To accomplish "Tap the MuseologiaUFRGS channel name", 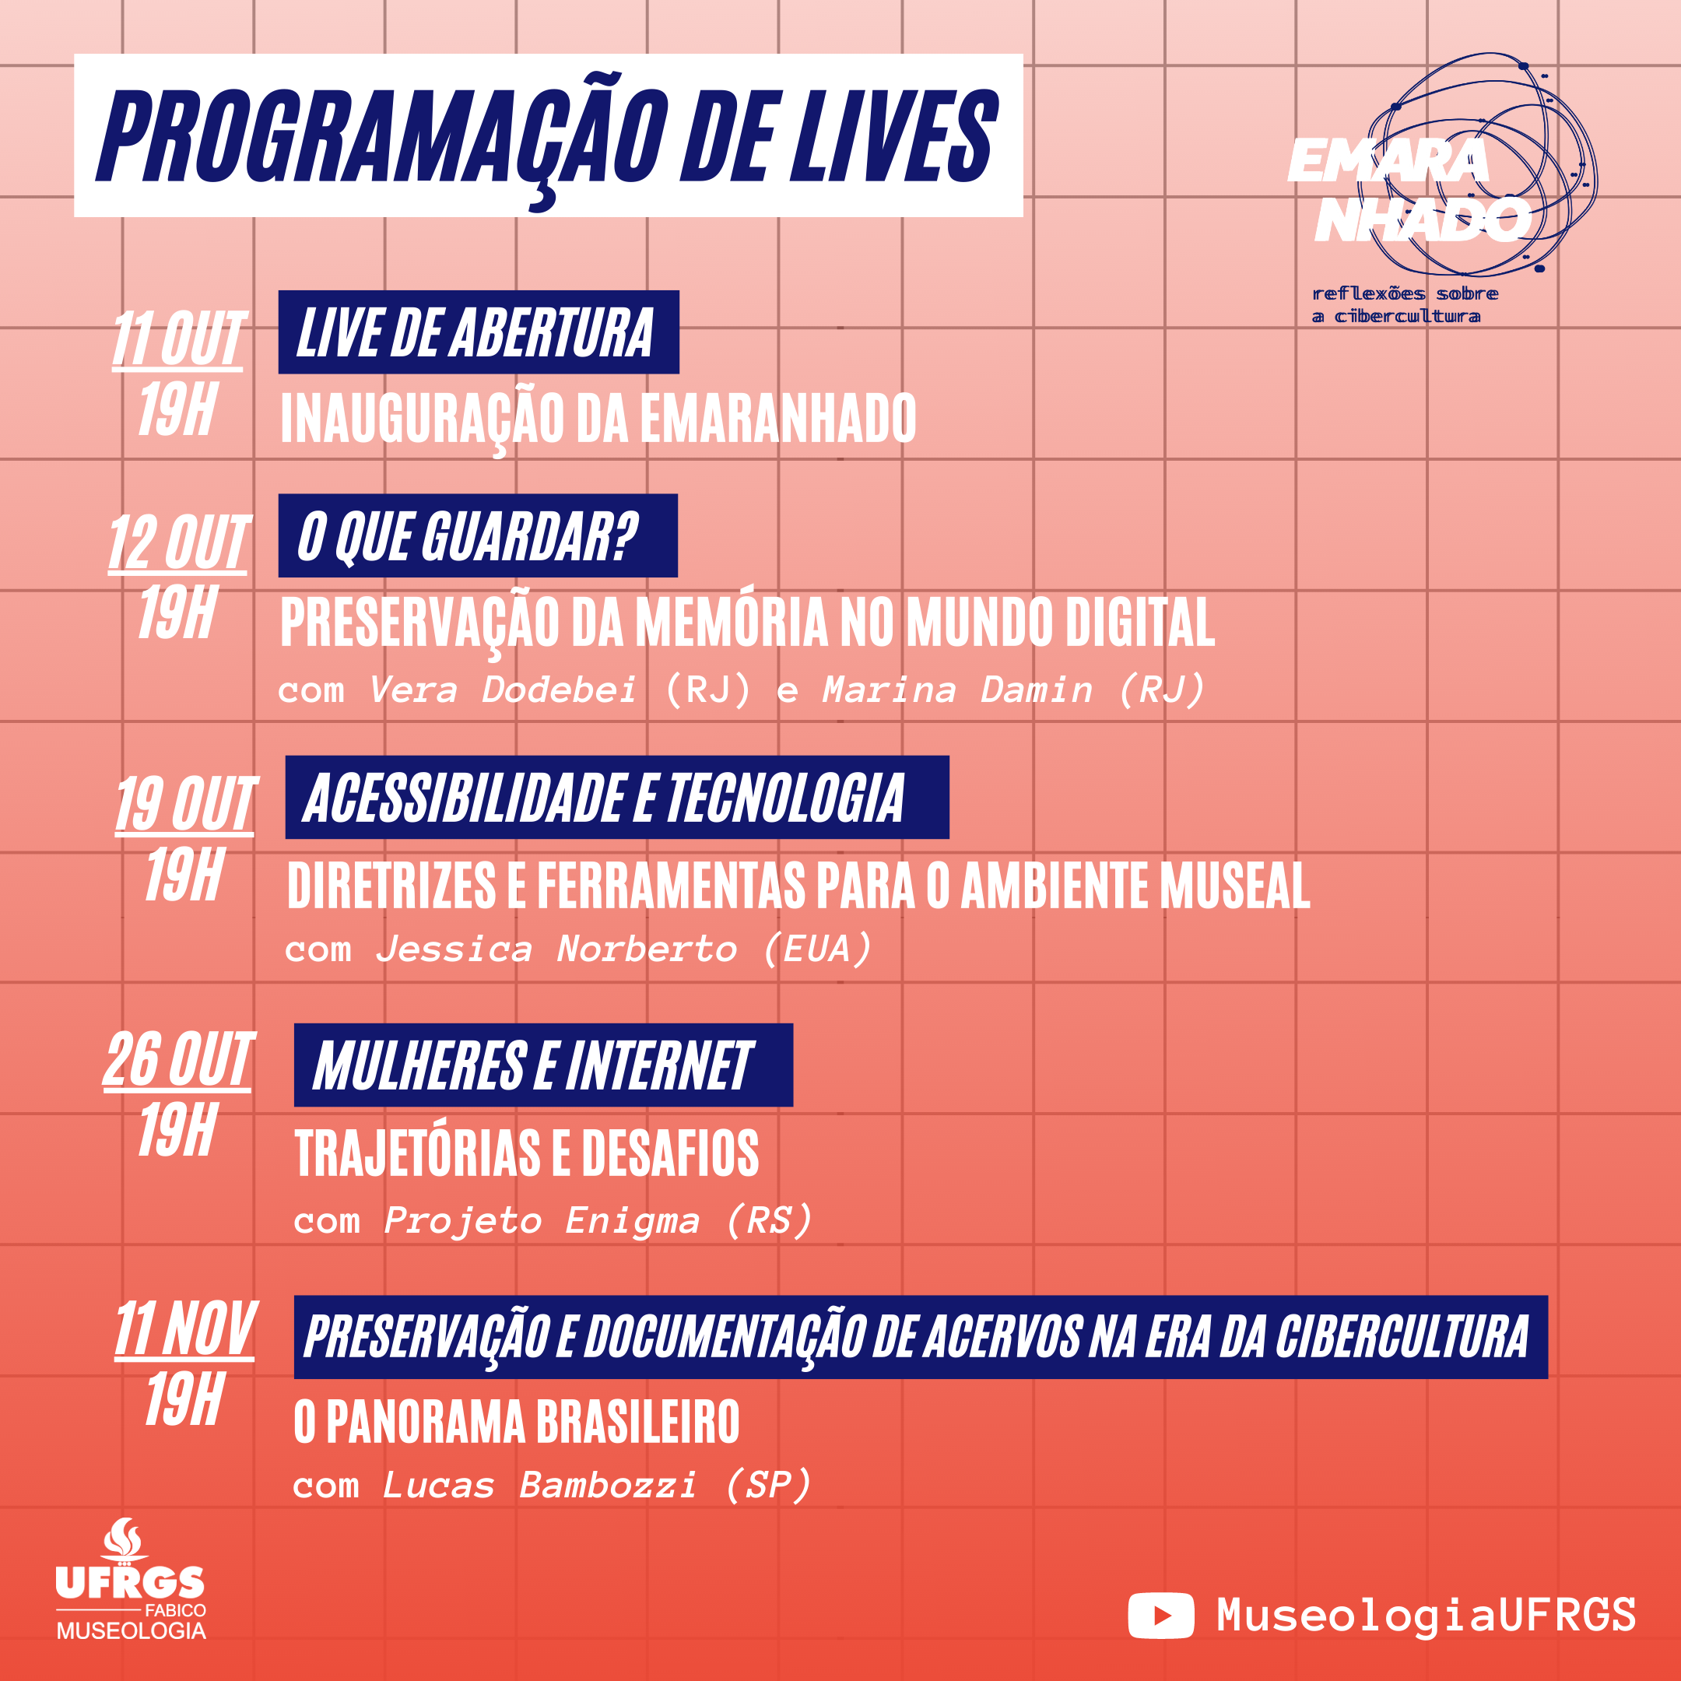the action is coord(1426,1615).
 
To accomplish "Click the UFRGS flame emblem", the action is coord(123,1542).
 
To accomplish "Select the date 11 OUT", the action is coord(178,339).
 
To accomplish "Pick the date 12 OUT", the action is coord(178,543).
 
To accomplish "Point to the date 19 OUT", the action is coord(185,804).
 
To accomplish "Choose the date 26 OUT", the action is coord(178,1060).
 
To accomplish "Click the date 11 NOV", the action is coord(185,1328).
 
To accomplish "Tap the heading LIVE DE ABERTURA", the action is coord(475,332).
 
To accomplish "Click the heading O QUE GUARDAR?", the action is coord(468,537).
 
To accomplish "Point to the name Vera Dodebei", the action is coord(503,690).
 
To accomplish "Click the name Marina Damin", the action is coord(957,690).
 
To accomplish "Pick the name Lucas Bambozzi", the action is coord(539,1485).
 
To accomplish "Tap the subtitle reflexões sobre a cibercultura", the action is coord(1406,304).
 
